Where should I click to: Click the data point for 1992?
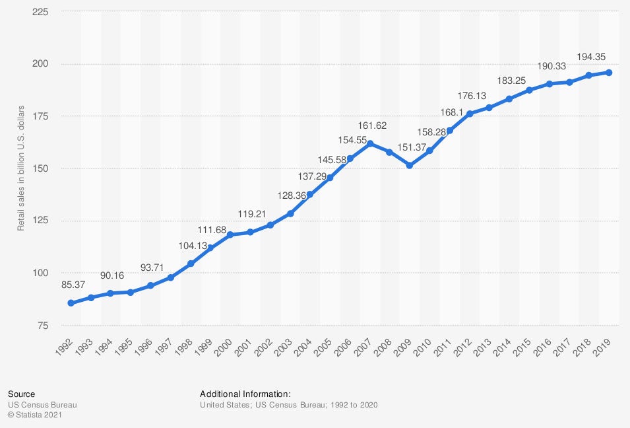pyautogui.click(x=71, y=303)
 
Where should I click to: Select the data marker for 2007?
pyautogui.click(x=370, y=143)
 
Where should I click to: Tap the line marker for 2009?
pyautogui.click(x=410, y=165)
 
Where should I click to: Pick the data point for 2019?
pyautogui.click(x=609, y=73)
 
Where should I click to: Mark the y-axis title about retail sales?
pyautogui.click(x=21, y=168)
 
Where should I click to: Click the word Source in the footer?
pyautogui.click(x=21, y=394)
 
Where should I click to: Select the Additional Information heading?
pyautogui.click(x=245, y=394)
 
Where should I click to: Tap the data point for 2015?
pyautogui.click(x=529, y=90)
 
